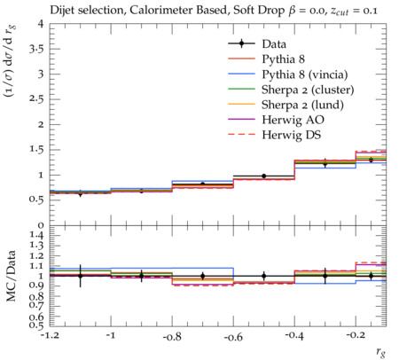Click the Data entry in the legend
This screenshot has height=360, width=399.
click(x=274, y=44)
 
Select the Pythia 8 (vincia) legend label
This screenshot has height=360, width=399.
click(x=305, y=74)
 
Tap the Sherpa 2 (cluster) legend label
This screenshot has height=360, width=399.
click(x=308, y=90)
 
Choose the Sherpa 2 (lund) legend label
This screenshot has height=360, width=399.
click(x=302, y=105)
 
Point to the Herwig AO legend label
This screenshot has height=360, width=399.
click(x=293, y=120)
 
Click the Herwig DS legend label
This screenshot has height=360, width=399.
click(x=292, y=135)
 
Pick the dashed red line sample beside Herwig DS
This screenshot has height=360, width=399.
click(x=241, y=135)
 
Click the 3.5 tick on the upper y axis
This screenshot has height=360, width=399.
click(x=36, y=49)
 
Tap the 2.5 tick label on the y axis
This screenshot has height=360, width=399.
click(x=36, y=99)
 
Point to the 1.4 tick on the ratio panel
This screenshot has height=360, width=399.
click(x=35, y=236)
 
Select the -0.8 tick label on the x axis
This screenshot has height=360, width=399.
click(x=172, y=337)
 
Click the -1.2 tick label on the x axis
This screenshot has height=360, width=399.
click(x=50, y=337)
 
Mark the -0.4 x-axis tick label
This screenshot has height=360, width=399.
click(x=294, y=337)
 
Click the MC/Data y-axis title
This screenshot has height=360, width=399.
click(x=11, y=276)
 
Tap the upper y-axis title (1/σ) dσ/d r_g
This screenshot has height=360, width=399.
click(x=10, y=60)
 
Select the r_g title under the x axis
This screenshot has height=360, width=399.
click(x=380, y=352)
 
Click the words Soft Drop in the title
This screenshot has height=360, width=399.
click(x=259, y=11)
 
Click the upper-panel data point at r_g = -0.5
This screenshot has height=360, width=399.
click(x=264, y=176)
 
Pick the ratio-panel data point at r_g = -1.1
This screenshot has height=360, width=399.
click(x=80, y=276)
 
